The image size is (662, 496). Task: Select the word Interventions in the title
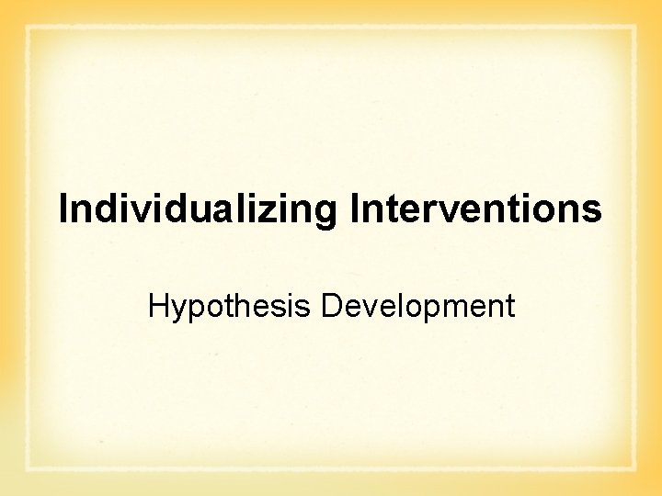pos(475,209)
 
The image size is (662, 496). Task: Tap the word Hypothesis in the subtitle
pos(231,305)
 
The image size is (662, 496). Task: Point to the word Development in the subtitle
pos(417,305)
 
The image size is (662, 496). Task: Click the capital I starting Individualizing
pos(63,209)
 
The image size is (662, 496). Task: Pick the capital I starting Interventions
pos(354,209)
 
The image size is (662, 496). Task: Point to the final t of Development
pos(509,306)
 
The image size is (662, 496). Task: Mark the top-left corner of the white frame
pos(28,28)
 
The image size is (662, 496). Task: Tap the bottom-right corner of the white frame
pos(634,469)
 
